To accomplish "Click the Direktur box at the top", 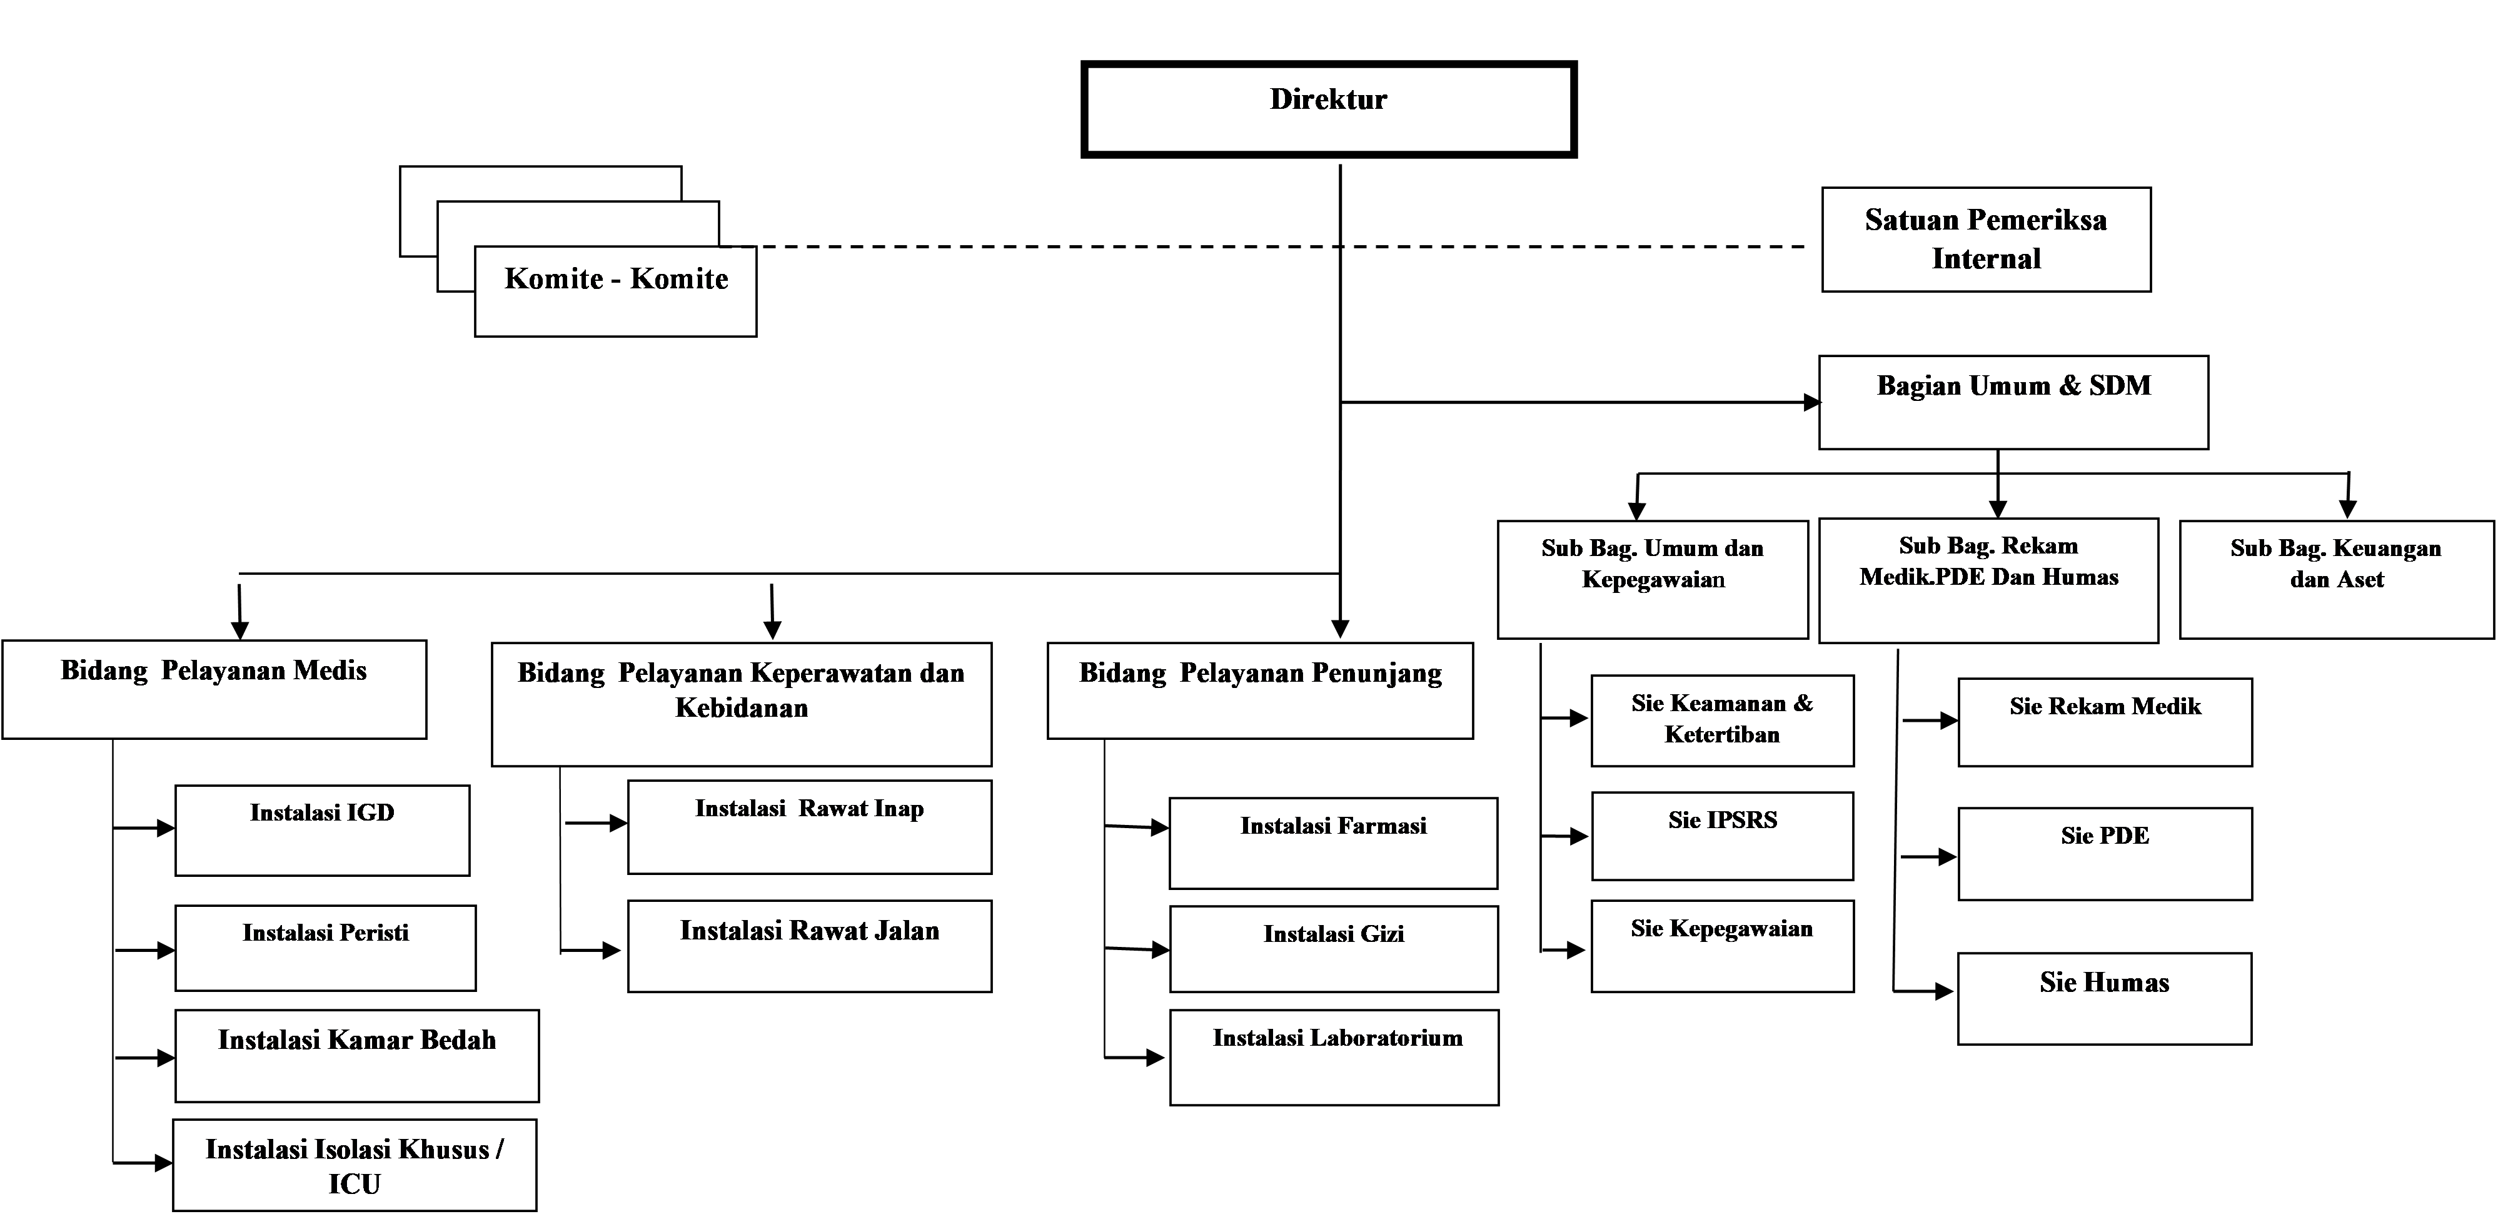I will [x=1329, y=109].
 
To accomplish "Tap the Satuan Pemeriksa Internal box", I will [x=1986, y=240].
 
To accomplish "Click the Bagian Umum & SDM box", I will [x=2013, y=402].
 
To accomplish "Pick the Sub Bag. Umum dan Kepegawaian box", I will [x=1653, y=579].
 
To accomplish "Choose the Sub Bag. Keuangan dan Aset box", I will [x=2336, y=579].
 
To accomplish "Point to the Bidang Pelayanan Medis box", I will [x=213, y=689].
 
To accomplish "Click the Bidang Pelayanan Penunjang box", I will [x=1260, y=689].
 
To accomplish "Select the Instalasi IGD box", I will [x=322, y=830].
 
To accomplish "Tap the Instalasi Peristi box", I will [x=325, y=948].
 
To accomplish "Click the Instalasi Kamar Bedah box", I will [x=357, y=1055].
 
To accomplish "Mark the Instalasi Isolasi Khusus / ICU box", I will [x=354, y=1165].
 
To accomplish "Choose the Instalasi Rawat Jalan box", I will [x=810, y=946].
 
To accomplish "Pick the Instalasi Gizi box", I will [x=1333, y=948].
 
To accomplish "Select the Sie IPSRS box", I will [x=1722, y=836].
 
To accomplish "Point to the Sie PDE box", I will [x=2104, y=853].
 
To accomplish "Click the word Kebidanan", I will [x=741, y=708].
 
